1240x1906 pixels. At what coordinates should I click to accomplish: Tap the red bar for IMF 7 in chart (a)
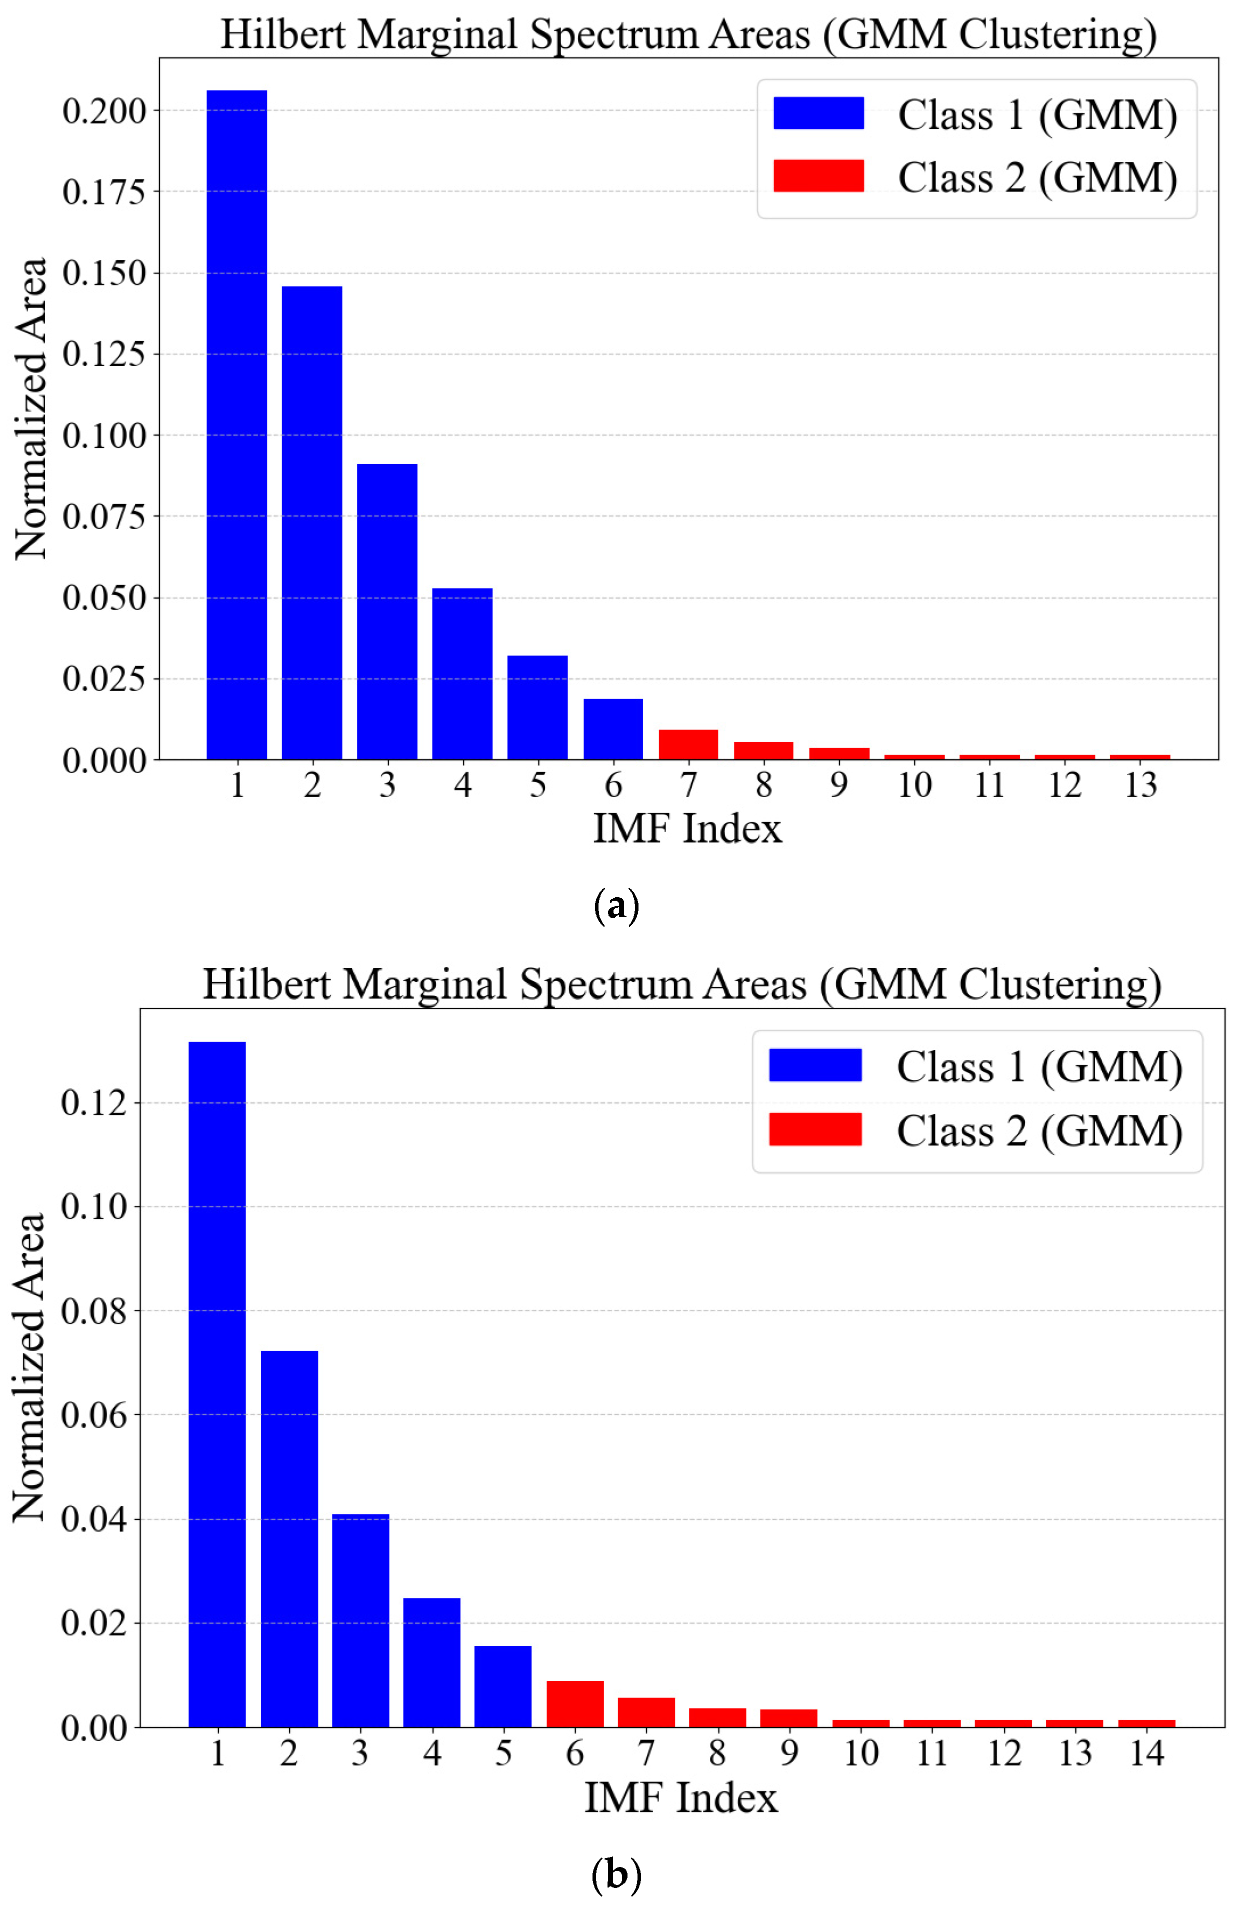click(687, 744)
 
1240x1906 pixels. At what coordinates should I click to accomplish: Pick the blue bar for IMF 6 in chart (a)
click(612, 729)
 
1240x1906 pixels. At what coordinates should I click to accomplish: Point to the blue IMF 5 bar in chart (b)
click(502, 1686)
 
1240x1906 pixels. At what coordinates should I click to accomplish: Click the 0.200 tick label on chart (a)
click(104, 111)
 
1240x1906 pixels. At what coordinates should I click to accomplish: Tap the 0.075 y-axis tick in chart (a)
click(104, 517)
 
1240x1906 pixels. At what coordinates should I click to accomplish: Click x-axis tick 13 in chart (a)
click(1140, 785)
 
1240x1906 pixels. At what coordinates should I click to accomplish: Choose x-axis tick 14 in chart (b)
click(1146, 1754)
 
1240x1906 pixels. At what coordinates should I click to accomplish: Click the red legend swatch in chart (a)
click(818, 176)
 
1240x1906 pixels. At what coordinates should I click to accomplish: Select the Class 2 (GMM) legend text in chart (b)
click(1038, 1131)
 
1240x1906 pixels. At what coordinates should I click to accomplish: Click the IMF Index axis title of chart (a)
click(687, 828)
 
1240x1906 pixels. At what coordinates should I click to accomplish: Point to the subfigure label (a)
click(616, 906)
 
